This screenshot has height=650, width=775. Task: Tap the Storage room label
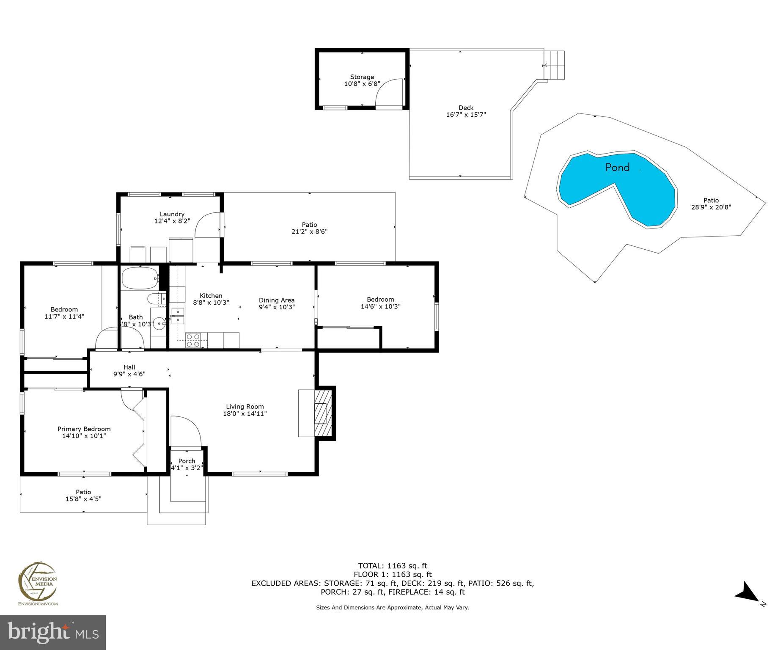tap(362, 77)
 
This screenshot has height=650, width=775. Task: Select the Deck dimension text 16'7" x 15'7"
tap(466, 115)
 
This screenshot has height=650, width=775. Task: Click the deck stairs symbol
tap(555, 65)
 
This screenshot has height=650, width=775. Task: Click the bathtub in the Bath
tap(140, 278)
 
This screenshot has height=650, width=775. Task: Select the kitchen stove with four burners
tap(193, 341)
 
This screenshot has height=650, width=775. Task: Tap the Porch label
tap(187, 461)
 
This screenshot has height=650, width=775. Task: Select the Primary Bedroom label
tap(84, 429)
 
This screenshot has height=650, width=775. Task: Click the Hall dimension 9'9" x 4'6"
tap(129, 374)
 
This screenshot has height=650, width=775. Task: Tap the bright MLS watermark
tap(52, 632)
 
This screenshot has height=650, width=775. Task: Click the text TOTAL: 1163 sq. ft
tap(393, 565)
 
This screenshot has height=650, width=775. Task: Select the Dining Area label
tap(276, 300)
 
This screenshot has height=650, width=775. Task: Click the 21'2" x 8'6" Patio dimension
tap(309, 231)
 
